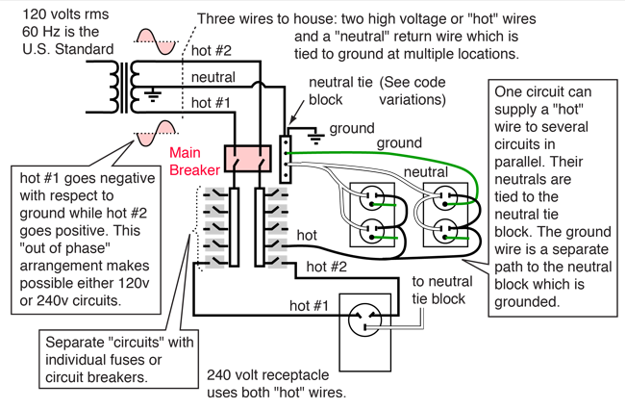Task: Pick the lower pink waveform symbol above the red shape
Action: [156, 128]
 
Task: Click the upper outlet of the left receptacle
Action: [370, 199]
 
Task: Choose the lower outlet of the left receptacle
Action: [370, 232]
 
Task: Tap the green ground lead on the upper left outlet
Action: [388, 204]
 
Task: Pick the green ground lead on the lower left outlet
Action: [388, 236]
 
